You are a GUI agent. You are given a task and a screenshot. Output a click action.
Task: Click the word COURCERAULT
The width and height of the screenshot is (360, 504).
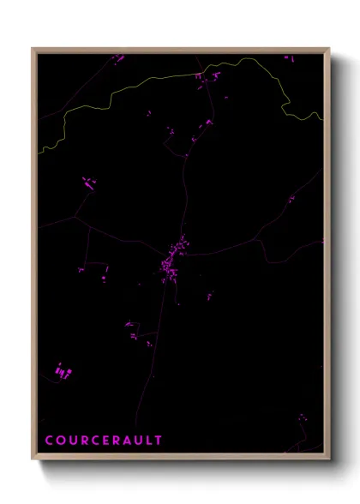[x=104, y=440]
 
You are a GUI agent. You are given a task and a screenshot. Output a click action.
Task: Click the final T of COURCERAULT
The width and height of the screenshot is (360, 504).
[x=158, y=440]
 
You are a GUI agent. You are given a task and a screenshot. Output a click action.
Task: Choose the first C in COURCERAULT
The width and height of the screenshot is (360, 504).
[x=49, y=440]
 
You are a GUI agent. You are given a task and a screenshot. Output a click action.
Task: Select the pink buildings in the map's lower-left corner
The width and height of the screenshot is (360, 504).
[x=62, y=371]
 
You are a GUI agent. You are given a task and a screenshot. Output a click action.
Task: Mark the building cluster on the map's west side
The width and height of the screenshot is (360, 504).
[x=87, y=183]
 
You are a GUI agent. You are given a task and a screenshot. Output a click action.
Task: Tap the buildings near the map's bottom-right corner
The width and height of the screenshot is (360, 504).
[x=302, y=420]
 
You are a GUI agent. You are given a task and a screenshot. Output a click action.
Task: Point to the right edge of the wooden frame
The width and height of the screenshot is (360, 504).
[x=327, y=257]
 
